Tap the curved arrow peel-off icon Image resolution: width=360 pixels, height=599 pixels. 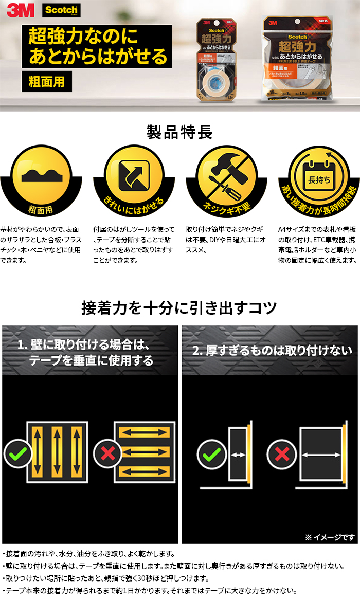pos(134,175)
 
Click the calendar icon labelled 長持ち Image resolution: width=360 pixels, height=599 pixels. pos(317,175)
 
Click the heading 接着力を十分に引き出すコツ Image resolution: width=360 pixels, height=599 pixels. pos(179,308)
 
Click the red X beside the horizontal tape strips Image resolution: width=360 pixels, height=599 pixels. pos(107,453)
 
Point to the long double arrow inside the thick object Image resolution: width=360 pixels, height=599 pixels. pos(322,455)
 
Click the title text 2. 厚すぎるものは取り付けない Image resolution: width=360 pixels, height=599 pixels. pos(272,351)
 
